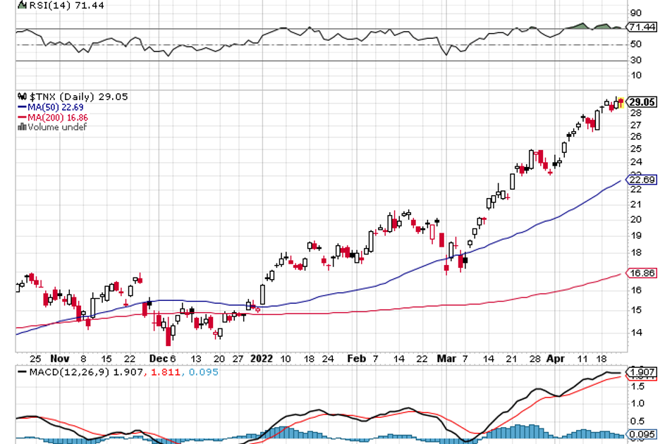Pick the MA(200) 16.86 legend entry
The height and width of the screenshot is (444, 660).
coord(54,117)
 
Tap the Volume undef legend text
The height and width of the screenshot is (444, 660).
coord(56,127)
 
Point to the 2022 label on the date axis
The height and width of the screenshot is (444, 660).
coord(262,358)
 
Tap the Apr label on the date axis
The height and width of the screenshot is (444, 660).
coord(554,358)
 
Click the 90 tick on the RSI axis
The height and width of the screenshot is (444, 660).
coord(635,13)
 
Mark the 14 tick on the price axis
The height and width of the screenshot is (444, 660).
coord(635,333)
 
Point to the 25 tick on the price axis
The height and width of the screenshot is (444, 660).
coord(635,149)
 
